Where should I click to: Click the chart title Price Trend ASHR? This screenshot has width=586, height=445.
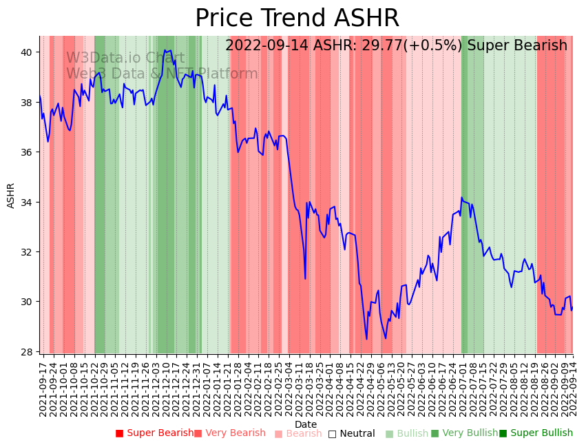click(297, 19)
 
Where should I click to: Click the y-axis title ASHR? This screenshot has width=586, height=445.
click(11, 196)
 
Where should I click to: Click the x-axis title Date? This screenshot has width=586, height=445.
click(306, 424)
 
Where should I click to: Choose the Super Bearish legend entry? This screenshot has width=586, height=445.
click(155, 433)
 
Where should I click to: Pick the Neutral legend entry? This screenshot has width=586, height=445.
click(352, 433)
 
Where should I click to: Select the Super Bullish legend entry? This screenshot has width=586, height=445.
click(536, 433)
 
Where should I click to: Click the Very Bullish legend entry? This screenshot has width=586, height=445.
click(464, 433)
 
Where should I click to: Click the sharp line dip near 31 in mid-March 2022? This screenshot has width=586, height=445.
click(305, 278)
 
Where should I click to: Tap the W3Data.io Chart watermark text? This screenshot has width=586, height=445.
click(125, 59)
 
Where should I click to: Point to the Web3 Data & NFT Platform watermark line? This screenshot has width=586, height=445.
click(162, 74)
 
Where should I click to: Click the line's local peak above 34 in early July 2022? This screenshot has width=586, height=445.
click(462, 198)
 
